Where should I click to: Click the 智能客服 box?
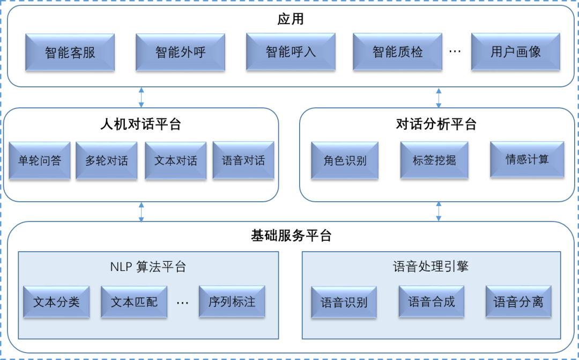click(70, 52)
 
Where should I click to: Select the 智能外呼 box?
click(180, 52)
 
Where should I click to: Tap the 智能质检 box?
click(397, 52)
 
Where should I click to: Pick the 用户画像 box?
click(515, 52)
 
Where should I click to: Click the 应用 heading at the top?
click(291, 19)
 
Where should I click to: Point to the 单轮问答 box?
click(40, 160)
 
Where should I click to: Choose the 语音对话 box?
click(243, 160)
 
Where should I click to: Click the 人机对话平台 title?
click(140, 124)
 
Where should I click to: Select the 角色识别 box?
click(345, 160)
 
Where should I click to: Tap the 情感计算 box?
click(527, 160)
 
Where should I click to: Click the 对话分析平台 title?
click(436, 124)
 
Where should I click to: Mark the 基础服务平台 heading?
click(291, 236)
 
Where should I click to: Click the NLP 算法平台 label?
click(148, 267)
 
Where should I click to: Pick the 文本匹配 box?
click(134, 302)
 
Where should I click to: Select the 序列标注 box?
click(232, 302)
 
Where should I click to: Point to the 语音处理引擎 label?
click(430, 267)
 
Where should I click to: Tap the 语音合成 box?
click(431, 302)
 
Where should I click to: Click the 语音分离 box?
click(518, 302)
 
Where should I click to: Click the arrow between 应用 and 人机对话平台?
click(141, 97)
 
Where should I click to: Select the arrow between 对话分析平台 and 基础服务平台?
click(439, 211)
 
